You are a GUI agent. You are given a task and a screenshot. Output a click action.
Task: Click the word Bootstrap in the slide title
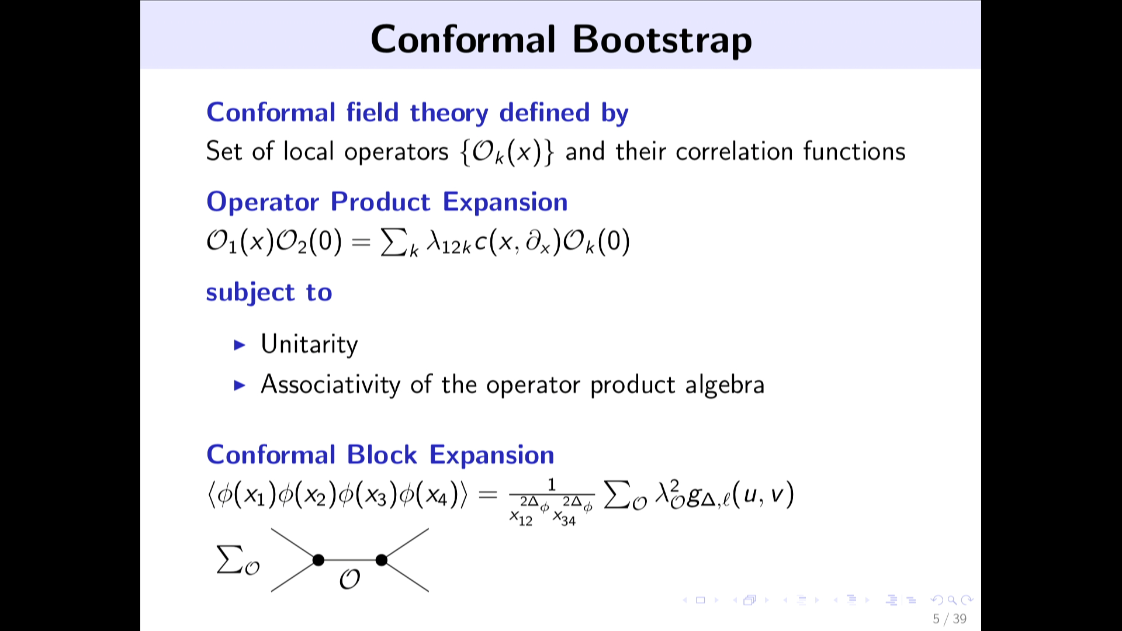coord(662,40)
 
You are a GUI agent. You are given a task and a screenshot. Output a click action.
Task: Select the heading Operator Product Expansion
coord(387,202)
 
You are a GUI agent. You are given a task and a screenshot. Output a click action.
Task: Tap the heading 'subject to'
coord(269,292)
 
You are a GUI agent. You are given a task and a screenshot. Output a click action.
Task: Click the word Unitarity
coord(309,344)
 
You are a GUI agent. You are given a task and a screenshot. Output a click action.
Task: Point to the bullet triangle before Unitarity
coord(240,345)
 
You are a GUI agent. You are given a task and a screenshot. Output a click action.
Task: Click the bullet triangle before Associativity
coord(240,385)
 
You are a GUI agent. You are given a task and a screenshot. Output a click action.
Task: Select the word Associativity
coord(330,384)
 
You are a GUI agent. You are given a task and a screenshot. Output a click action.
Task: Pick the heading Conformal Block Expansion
coord(380,455)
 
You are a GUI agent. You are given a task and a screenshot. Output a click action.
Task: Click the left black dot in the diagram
coord(318,560)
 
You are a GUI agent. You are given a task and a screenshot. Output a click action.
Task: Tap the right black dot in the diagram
coord(382,560)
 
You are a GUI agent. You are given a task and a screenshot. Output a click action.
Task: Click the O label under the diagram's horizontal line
coord(349,579)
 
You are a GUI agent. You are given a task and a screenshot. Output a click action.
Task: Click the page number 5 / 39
coord(950,619)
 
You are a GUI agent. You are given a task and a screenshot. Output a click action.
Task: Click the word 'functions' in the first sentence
coord(854,151)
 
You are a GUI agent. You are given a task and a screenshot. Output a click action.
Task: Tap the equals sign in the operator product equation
coord(361,242)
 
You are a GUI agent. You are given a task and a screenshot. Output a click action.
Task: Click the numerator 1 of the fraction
coord(551,484)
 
